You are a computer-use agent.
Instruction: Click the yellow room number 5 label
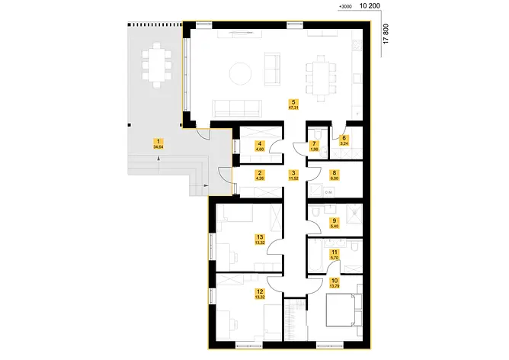293,101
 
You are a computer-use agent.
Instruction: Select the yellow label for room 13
260,237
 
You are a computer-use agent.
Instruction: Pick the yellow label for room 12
260,291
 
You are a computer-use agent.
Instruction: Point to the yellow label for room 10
334,281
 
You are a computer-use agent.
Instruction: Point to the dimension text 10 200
369,6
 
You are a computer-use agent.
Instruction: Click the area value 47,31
293,108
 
